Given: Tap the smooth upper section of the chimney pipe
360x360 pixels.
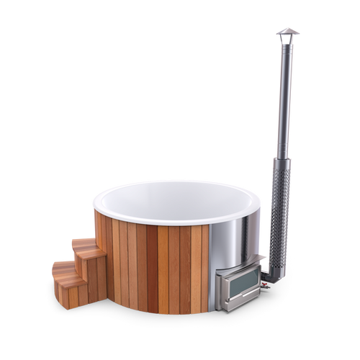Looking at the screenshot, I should click(x=281, y=94).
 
